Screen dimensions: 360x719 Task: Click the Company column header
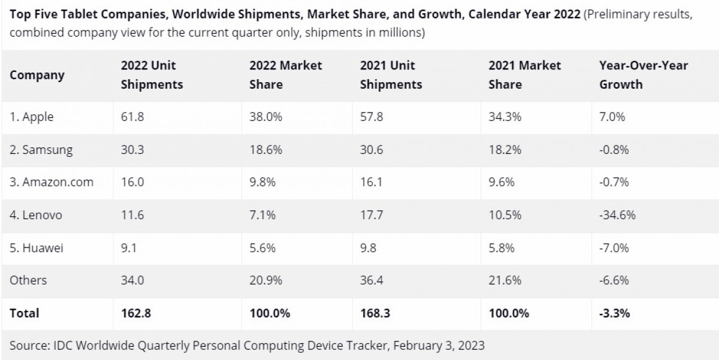[37, 75]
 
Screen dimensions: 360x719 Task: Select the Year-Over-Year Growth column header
[644, 75]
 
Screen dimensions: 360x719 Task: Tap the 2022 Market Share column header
[285, 75]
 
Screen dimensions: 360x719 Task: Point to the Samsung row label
[41, 150]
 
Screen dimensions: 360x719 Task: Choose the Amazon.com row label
[52, 183]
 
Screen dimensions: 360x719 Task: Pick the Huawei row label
[37, 247]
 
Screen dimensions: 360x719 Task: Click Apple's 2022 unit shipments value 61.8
[132, 117]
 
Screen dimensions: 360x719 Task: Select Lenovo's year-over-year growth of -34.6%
[617, 215]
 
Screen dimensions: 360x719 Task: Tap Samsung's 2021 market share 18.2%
[504, 150]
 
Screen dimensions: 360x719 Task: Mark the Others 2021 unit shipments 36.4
[372, 280]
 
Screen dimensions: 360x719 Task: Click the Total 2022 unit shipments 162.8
[136, 313]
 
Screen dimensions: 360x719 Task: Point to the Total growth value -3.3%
[614, 313]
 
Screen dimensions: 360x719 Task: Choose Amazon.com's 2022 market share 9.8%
[262, 183]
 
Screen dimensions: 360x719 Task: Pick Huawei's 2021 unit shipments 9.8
[368, 247]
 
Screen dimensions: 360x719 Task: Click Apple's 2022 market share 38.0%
[265, 117]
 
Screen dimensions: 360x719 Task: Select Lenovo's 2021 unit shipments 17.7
[371, 215]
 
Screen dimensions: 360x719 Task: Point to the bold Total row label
[25, 313]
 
